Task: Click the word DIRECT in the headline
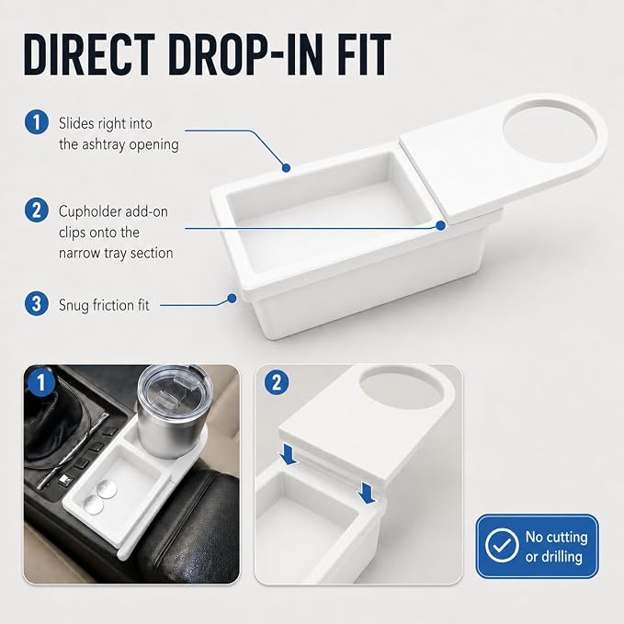coord(89,54)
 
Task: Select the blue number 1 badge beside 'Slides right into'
coord(37,122)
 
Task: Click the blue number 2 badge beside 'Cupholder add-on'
coord(37,210)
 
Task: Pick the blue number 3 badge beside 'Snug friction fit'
coord(37,304)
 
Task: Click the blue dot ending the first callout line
coord(286,167)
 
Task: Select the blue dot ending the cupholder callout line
coord(440,226)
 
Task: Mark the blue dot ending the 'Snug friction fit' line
coord(232,298)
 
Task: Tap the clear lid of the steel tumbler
coord(176,389)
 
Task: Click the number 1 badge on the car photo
coord(40,382)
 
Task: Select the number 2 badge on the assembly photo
coord(277,382)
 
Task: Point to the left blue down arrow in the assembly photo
coord(288,455)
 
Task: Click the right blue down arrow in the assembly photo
coord(367,493)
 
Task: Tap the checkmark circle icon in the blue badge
coord(502,545)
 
